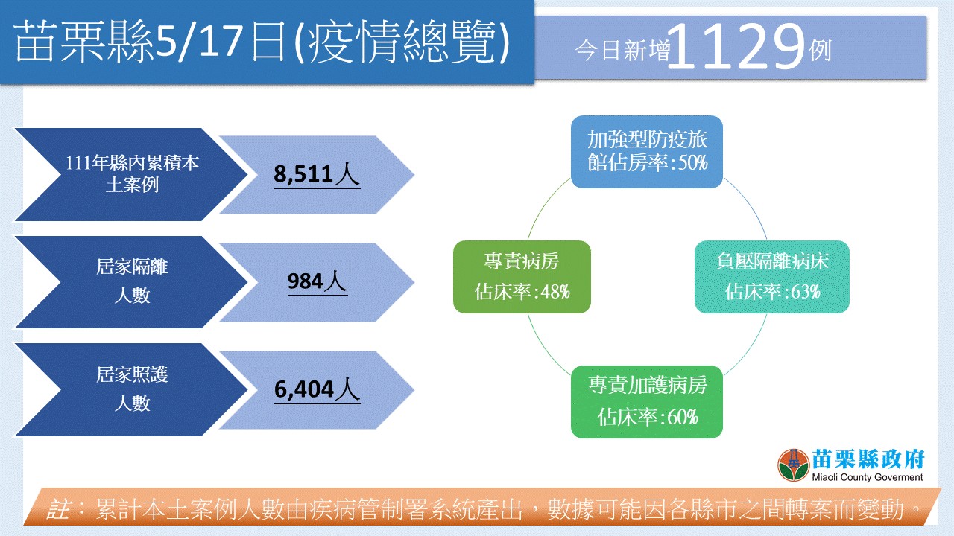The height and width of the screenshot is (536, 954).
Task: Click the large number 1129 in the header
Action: (736, 47)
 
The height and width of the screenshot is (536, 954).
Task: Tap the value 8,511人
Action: (317, 174)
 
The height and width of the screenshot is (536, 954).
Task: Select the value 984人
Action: (318, 281)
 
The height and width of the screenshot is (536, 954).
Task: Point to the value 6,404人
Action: (318, 389)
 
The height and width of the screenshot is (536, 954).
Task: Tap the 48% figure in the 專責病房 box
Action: (555, 293)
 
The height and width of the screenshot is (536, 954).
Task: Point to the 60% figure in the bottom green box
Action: (683, 418)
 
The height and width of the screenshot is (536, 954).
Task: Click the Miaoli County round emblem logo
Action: (793, 465)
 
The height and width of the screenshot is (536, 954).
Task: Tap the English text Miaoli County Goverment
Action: (867, 477)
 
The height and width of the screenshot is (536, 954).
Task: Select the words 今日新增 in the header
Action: (622, 51)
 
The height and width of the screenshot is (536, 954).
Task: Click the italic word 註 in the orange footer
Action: (59, 509)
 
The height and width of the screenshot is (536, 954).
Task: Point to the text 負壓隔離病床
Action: (772, 261)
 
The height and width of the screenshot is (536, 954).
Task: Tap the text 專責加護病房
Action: (648, 385)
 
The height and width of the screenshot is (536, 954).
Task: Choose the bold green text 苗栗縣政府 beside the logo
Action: (868, 459)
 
